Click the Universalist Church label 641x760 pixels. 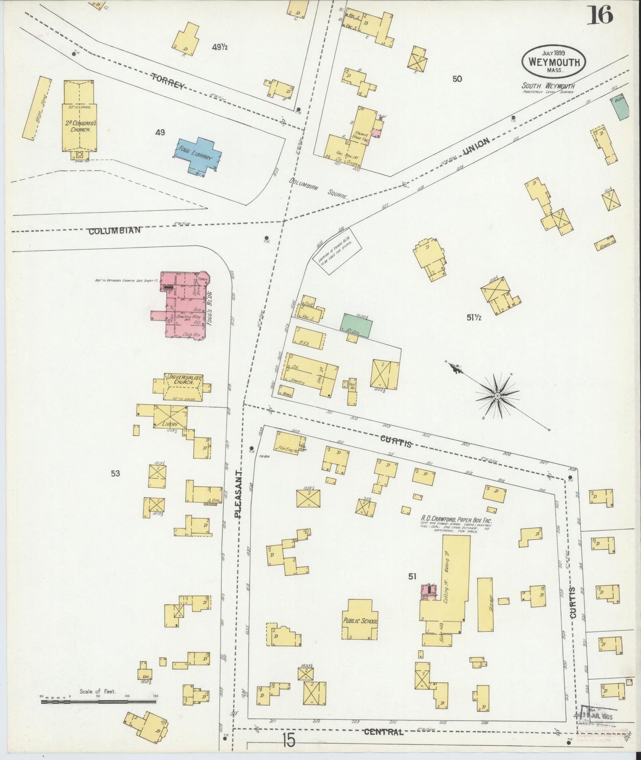click(x=184, y=380)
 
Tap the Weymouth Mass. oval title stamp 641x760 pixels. click(x=554, y=62)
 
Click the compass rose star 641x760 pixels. click(x=498, y=395)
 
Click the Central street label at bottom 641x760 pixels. click(x=384, y=732)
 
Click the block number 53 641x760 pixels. click(x=115, y=474)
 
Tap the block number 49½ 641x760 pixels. click(x=220, y=47)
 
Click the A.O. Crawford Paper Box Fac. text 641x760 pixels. click(x=456, y=519)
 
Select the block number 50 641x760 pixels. click(x=457, y=79)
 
